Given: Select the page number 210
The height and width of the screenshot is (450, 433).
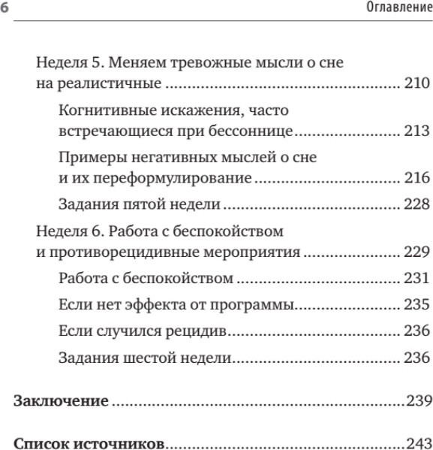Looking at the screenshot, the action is pos(416,83).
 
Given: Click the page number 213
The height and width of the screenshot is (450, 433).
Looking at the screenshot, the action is pos(416,133).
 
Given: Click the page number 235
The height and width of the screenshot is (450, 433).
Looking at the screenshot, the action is pos(416,306).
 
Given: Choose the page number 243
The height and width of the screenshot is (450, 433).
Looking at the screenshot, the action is pos(418,440).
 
